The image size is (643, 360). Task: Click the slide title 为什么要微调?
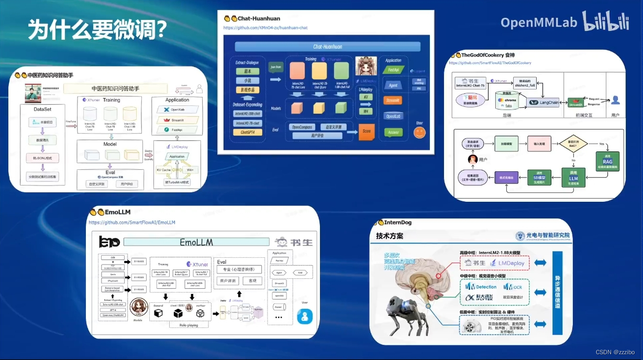[x=97, y=30]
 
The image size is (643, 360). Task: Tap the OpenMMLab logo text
[x=538, y=22]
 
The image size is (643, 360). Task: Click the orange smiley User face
[x=419, y=133]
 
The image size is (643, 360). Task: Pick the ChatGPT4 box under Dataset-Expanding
[x=248, y=132]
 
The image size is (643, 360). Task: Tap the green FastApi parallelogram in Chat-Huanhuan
[x=393, y=70]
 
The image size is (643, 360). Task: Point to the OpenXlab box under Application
[x=177, y=109]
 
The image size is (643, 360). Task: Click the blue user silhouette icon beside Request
[x=615, y=101]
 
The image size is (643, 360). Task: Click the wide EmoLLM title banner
[x=196, y=242]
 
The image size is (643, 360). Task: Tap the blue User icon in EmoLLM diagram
[x=305, y=317]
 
